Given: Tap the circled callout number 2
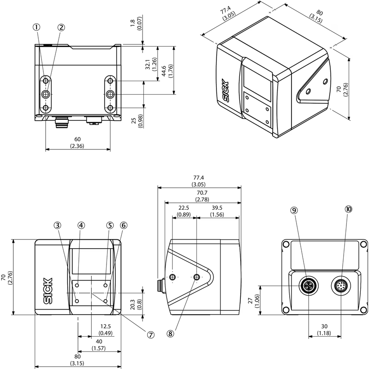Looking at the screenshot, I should [61, 27].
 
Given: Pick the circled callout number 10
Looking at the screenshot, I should [348, 209].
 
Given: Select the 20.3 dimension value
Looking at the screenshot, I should [133, 305].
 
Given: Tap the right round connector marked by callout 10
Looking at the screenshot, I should [342, 286].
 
